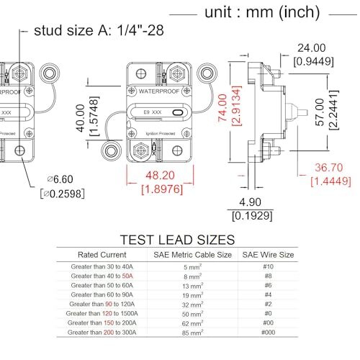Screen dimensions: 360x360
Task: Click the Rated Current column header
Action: pyautogui.click(x=102, y=254)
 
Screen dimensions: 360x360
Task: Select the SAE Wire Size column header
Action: pyautogui.click(x=268, y=254)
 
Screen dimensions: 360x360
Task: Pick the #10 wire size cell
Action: pyautogui.click(x=267, y=267)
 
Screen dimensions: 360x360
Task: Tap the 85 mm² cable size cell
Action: pyautogui.click(x=192, y=333)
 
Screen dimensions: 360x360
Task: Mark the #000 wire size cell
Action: pyautogui.click(x=267, y=333)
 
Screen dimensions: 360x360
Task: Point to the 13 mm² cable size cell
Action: pyautogui.click(x=192, y=286)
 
